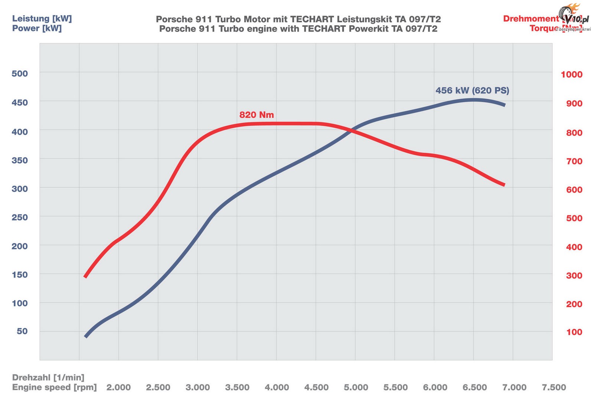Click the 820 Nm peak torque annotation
257,115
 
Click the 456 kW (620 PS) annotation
472,91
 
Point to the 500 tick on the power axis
20,73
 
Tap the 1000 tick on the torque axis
571,75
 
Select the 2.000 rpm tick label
118,387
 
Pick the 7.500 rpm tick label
554,387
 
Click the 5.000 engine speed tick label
356,387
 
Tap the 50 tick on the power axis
22,331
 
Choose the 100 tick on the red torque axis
574,332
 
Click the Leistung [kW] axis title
42,19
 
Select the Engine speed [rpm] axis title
54,387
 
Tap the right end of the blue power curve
504,105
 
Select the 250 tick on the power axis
20,217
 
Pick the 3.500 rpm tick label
237,387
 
